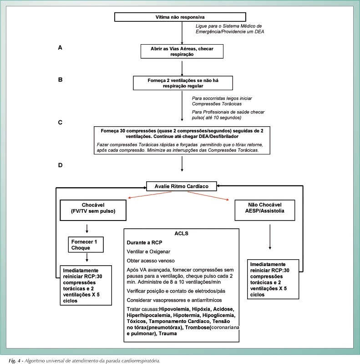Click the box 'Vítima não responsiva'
click(180, 17)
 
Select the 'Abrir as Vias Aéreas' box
click(182, 51)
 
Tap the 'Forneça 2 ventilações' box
click(183, 83)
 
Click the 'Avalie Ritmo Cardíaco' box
click(182, 186)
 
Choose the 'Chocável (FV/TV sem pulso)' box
click(93, 210)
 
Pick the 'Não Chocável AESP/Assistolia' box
click(265, 210)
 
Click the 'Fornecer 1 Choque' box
click(86, 245)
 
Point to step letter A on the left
click(60, 47)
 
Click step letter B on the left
click(61, 80)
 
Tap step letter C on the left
click(61, 123)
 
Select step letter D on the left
click(61, 165)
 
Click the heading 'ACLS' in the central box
click(182, 233)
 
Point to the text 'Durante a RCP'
click(144, 242)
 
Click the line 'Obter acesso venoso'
click(151, 261)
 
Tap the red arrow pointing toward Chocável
click(150, 195)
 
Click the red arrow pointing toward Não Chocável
click(208, 196)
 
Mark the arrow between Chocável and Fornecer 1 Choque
click(87, 229)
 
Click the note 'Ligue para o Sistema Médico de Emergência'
click(230, 29)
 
